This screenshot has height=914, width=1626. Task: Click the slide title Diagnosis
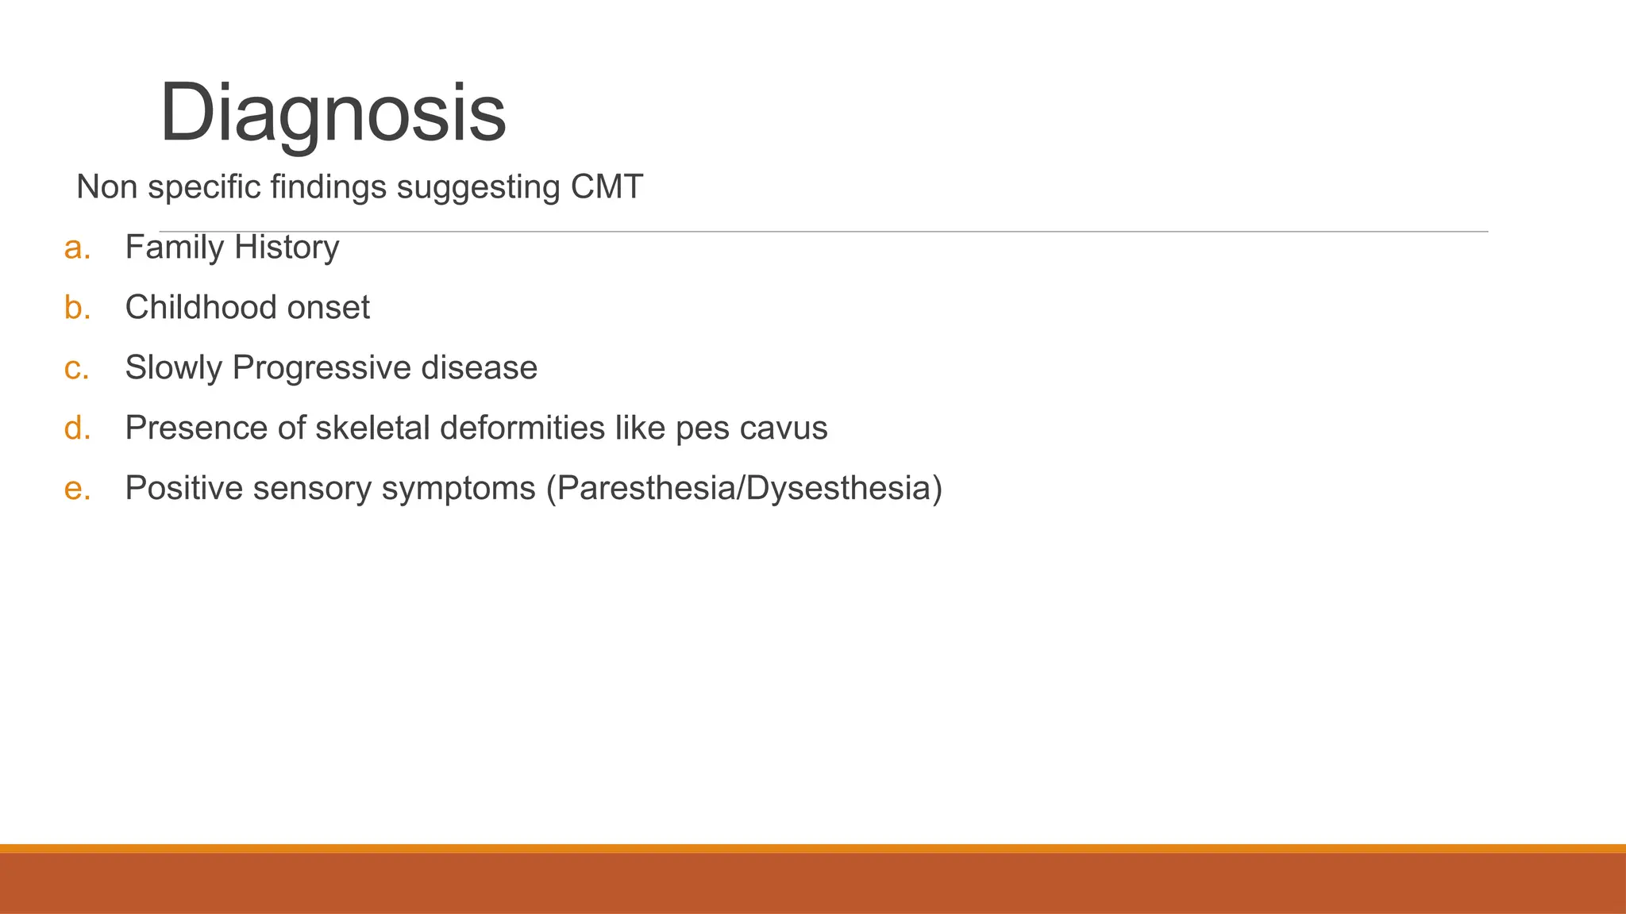tap(332, 113)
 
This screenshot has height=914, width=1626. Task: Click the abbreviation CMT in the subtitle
tap(607, 187)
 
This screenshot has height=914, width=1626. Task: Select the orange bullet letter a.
tap(77, 248)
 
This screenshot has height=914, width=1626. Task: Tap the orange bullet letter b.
tap(77, 308)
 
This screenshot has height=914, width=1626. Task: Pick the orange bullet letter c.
tap(76, 368)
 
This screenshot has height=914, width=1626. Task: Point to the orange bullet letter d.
tap(77, 428)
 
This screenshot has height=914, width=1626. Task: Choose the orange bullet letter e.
tap(77, 489)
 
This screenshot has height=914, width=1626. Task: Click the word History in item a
tap(287, 248)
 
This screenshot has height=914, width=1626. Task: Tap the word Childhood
tap(201, 308)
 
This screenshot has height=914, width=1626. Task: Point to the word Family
tap(175, 248)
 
